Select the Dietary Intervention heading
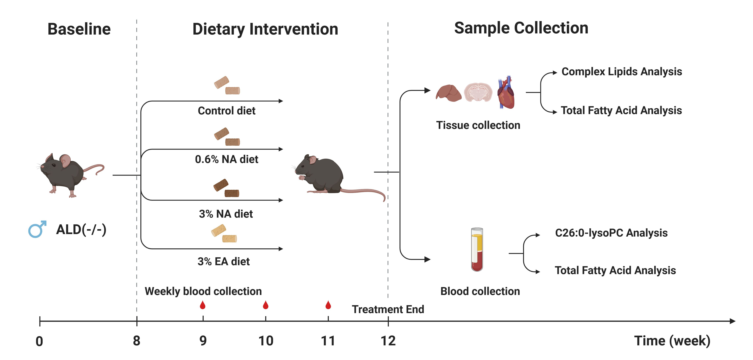coord(265,29)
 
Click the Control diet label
coord(226,111)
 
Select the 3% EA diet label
coord(224,261)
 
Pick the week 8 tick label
coord(136,341)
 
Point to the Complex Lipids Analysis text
coord(622,72)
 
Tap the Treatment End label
coord(388,309)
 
